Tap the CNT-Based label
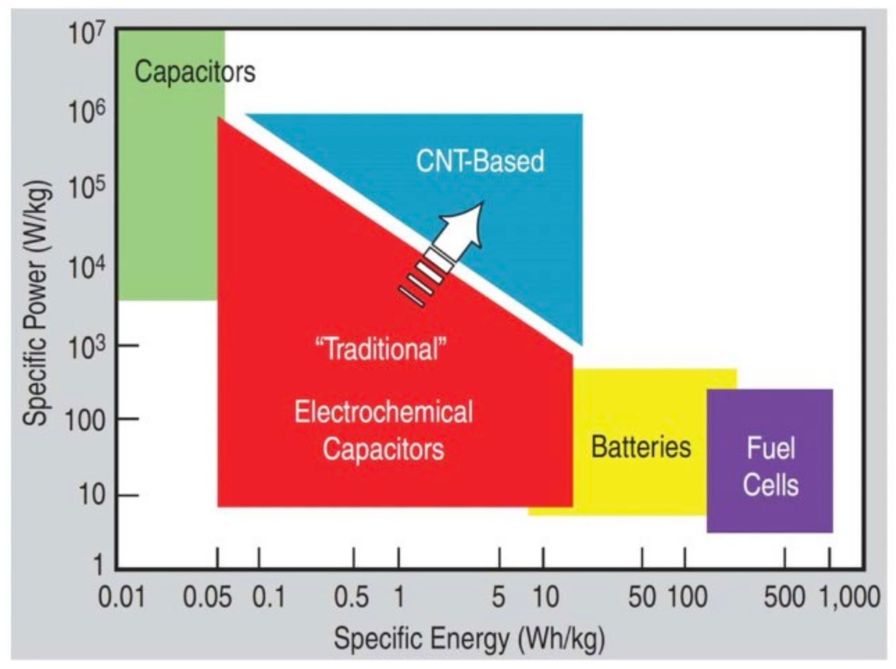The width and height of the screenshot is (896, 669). click(x=480, y=161)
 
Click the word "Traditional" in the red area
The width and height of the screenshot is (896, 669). click(x=381, y=349)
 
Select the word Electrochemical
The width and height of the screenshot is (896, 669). click(x=383, y=412)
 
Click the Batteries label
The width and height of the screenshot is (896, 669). click(x=641, y=446)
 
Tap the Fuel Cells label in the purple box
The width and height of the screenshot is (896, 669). click(x=770, y=466)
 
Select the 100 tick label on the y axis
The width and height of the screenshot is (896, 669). click(x=85, y=420)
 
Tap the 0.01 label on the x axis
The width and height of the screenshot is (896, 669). click(x=122, y=598)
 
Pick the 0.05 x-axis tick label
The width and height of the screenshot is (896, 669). click(x=207, y=598)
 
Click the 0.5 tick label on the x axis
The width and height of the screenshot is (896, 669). click(x=351, y=598)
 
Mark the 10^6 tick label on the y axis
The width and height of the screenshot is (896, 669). click(x=87, y=112)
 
